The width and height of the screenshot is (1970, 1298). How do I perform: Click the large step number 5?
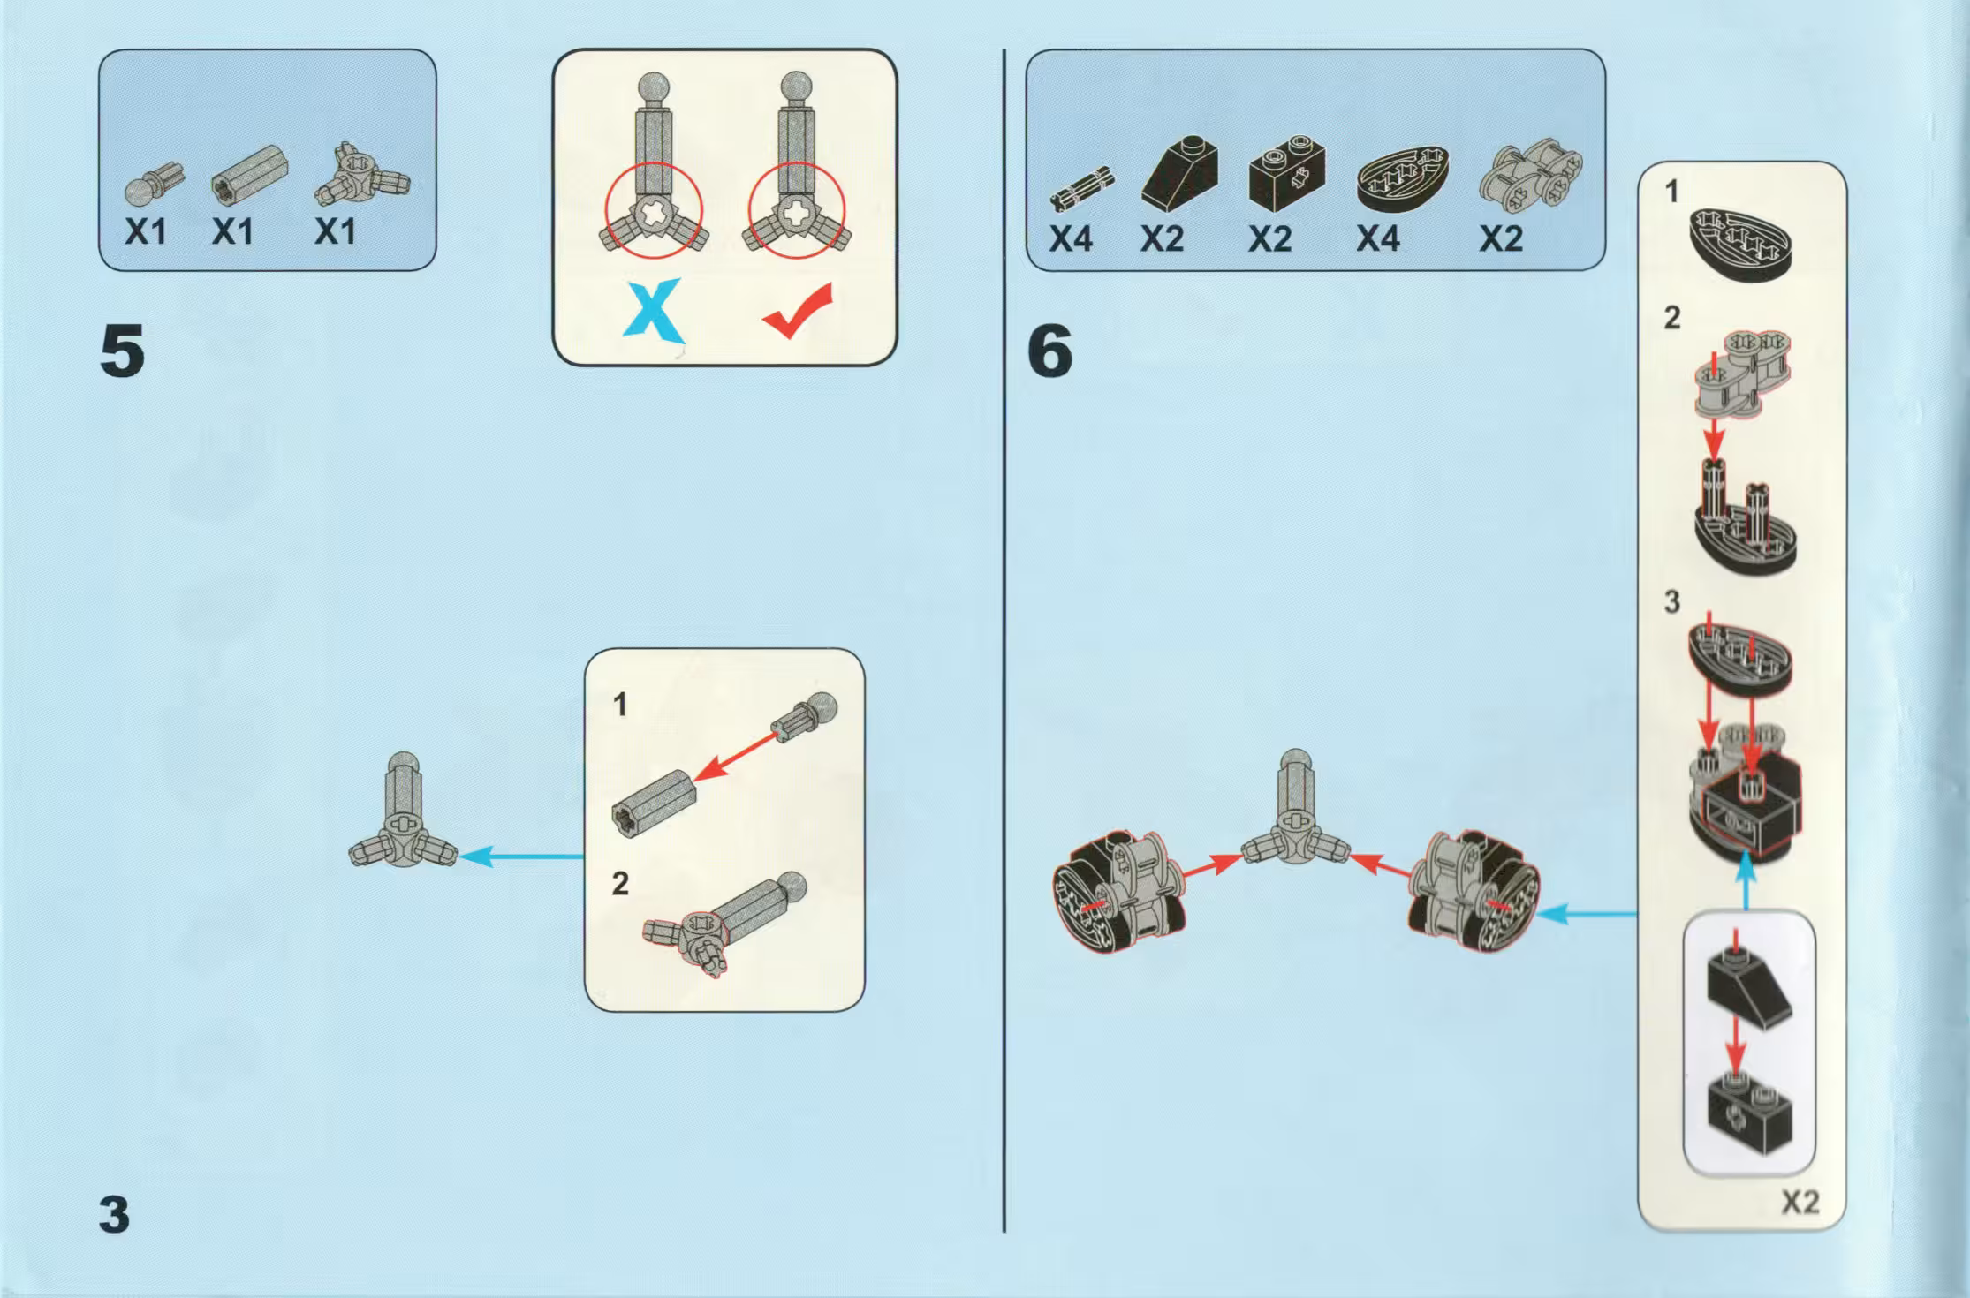click(123, 351)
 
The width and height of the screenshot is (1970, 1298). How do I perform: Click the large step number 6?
click(1050, 351)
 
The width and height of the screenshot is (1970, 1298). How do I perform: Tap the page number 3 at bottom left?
click(114, 1215)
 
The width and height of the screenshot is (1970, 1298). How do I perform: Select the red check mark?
click(797, 311)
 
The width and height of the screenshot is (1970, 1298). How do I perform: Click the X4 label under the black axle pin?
click(1071, 238)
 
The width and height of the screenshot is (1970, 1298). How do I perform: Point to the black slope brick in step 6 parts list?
click(1179, 174)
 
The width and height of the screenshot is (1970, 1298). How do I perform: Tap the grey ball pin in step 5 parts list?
click(155, 183)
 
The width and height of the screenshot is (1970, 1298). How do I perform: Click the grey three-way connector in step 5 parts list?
click(362, 173)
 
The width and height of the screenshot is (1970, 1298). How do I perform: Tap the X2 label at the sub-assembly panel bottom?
click(1800, 1203)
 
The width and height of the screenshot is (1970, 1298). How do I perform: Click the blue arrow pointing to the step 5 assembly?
click(521, 856)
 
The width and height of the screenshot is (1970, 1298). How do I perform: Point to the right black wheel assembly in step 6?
click(1473, 892)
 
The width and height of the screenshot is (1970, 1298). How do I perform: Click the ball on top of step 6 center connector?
click(1296, 761)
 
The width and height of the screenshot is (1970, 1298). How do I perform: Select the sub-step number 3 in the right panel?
click(1671, 602)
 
